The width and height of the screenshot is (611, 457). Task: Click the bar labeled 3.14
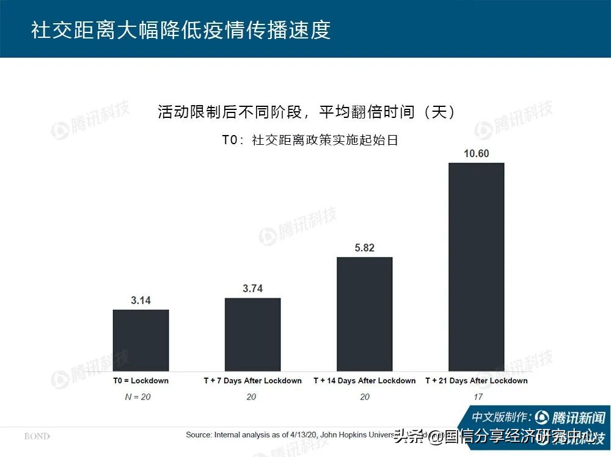click(x=141, y=340)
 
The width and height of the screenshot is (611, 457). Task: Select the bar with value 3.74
click(x=252, y=334)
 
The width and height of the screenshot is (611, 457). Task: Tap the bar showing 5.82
click(x=365, y=313)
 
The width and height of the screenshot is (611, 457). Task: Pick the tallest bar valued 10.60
click(x=477, y=266)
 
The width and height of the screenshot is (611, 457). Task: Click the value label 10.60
click(x=477, y=153)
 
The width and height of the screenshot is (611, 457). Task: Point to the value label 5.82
click(x=365, y=248)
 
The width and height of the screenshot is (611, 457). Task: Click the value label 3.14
click(x=141, y=301)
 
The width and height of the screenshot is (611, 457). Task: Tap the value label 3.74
click(x=252, y=289)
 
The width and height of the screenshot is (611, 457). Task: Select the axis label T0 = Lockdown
click(x=141, y=381)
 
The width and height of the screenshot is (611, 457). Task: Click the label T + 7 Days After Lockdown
click(x=252, y=381)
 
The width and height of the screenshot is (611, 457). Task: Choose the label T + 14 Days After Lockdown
click(x=365, y=381)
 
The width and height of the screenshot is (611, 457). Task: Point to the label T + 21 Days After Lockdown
click(x=477, y=381)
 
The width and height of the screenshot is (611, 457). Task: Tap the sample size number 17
click(x=477, y=397)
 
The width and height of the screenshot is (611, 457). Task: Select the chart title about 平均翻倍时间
click(x=305, y=112)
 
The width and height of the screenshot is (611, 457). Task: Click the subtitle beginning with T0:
click(x=309, y=140)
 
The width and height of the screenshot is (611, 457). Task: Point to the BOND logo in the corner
click(x=37, y=436)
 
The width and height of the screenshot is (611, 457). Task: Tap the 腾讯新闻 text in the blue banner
click(x=577, y=418)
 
